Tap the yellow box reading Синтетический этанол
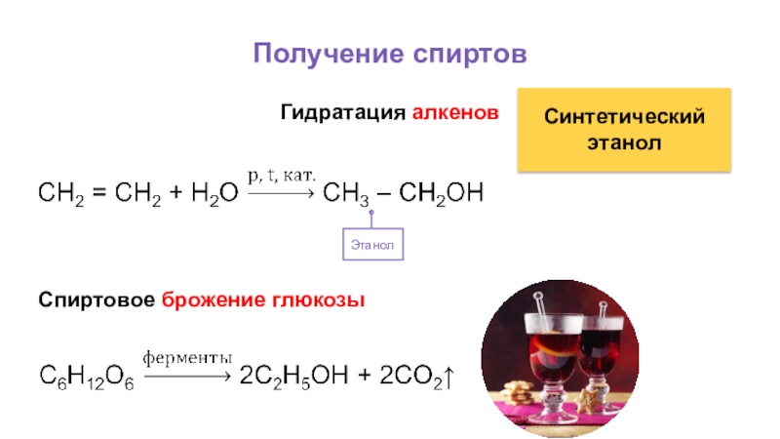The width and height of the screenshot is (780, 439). coord(624,129)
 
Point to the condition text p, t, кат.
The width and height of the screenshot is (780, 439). coord(281,176)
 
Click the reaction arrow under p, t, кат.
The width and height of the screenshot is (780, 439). coord(281,193)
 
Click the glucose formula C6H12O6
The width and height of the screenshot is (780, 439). coord(86,377)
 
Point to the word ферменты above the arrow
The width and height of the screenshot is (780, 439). coord(187,357)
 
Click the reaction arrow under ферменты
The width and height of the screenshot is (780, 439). coord(187,376)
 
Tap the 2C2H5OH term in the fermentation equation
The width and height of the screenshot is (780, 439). coord(295,377)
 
